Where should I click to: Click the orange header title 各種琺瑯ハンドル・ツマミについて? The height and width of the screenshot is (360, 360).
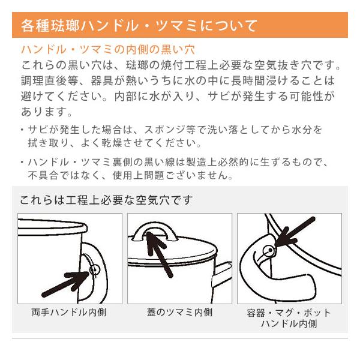139,25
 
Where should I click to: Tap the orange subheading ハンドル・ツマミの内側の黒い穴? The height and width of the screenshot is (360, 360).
108,49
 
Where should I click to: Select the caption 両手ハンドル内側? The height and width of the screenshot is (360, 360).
69,312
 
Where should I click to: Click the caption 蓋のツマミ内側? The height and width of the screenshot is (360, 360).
179,312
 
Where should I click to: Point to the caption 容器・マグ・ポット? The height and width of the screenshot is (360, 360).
289,313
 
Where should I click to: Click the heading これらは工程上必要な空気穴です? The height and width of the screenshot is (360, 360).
106,200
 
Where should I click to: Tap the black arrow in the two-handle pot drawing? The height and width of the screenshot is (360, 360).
65,284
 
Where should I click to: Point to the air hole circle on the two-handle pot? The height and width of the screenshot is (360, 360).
94,270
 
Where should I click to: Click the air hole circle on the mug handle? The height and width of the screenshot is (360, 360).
269,250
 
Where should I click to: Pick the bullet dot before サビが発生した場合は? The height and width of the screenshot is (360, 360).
22,130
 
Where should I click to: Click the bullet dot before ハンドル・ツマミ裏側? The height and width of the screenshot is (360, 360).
22,162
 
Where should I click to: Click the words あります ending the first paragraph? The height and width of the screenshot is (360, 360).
44,112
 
